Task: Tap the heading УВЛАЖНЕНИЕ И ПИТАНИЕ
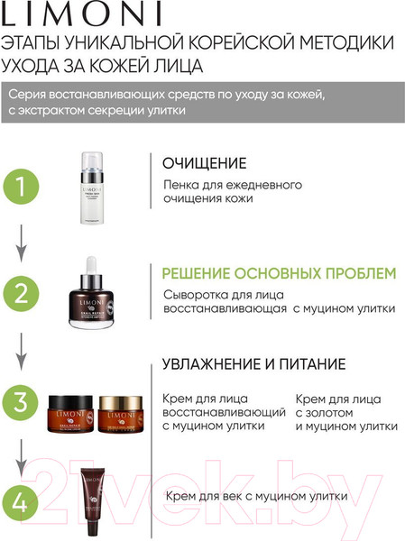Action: pos(253,364)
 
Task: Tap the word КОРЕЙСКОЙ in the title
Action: pos(243,43)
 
